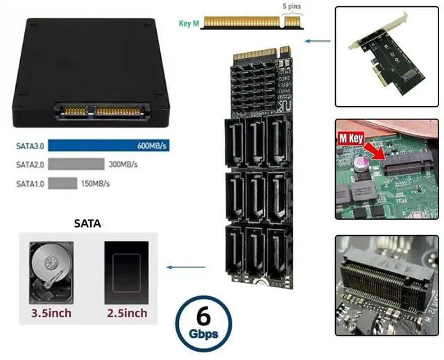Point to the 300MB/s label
pos(123,165)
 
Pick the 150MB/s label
pos(96,183)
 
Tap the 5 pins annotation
pos(291,7)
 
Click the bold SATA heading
pos(87,223)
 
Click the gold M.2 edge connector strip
pos(250,24)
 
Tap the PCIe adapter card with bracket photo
pos(386,55)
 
